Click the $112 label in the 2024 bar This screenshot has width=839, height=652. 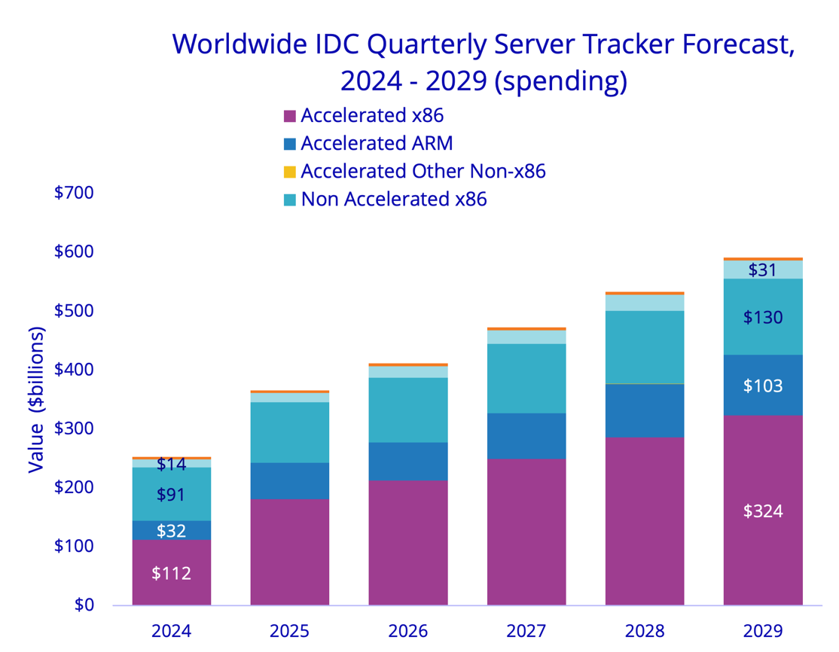point(171,573)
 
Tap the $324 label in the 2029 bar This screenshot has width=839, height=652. point(763,511)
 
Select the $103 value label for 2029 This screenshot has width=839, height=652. point(763,386)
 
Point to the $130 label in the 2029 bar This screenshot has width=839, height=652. point(763,318)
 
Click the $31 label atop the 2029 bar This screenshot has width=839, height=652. point(763,270)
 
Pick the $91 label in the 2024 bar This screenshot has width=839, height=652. point(171,495)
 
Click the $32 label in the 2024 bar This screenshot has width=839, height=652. point(171,531)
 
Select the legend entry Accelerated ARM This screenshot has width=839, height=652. point(377,143)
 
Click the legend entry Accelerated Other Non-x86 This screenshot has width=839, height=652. point(423,171)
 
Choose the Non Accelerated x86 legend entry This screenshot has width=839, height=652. point(394,200)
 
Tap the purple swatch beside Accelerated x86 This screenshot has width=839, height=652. point(289,116)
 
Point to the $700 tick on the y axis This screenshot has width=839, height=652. point(74,193)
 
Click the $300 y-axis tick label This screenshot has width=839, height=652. point(74,428)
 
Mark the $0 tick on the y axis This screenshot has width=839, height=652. point(84,605)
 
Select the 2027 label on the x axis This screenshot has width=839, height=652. point(526,630)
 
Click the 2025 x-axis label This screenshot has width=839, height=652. point(290,630)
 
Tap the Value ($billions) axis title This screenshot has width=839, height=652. point(36,400)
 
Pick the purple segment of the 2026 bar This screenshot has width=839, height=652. point(408,542)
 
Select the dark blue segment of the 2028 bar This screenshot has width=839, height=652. point(645,410)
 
